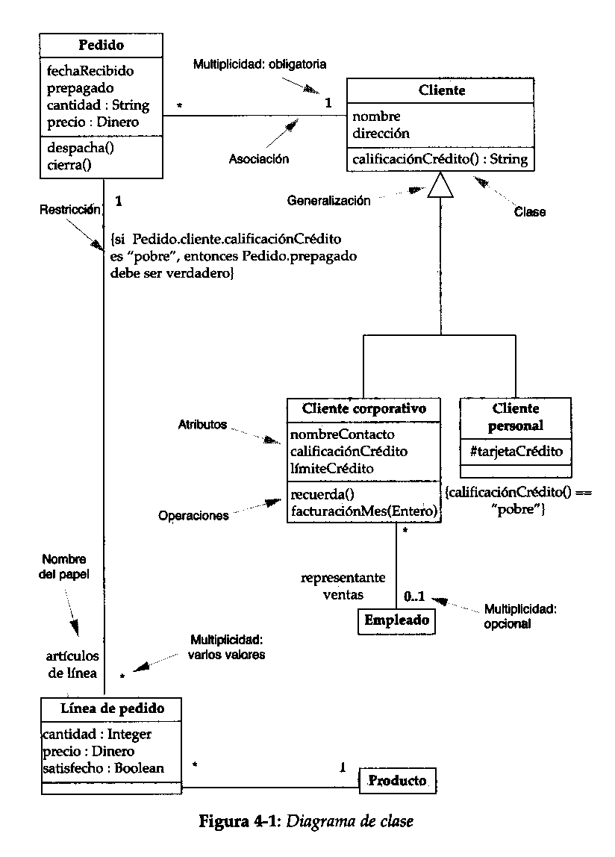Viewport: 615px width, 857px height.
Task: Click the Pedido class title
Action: tap(102, 45)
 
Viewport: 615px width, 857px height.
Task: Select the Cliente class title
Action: tap(442, 90)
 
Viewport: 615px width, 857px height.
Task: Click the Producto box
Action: tap(397, 781)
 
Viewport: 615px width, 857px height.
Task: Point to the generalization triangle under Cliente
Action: tap(440, 184)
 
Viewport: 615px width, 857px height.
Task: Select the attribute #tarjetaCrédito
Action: tap(516, 452)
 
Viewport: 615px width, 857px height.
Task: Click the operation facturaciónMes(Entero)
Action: tap(364, 511)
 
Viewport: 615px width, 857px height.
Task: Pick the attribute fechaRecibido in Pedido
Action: tap(90, 71)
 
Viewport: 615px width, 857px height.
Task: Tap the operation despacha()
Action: tap(81, 148)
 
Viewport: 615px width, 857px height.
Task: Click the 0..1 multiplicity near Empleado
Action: tap(414, 596)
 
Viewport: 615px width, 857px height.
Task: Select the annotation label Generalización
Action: tap(328, 201)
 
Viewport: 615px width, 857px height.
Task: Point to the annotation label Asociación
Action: tap(258, 159)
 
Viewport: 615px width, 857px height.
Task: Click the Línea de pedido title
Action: tap(112, 708)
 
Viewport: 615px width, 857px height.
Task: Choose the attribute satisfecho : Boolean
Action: tap(103, 768)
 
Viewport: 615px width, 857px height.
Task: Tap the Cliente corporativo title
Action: tap(364, 409)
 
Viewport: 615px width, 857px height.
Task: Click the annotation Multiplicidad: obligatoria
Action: tap(260, 64)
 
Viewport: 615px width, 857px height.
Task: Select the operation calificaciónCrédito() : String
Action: tap(440, 160)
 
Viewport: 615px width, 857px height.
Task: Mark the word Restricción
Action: tap(70, 210)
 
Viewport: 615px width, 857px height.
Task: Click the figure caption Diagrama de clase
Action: tap(350, 821)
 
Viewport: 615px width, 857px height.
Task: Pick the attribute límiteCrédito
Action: tap(332, 468)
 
